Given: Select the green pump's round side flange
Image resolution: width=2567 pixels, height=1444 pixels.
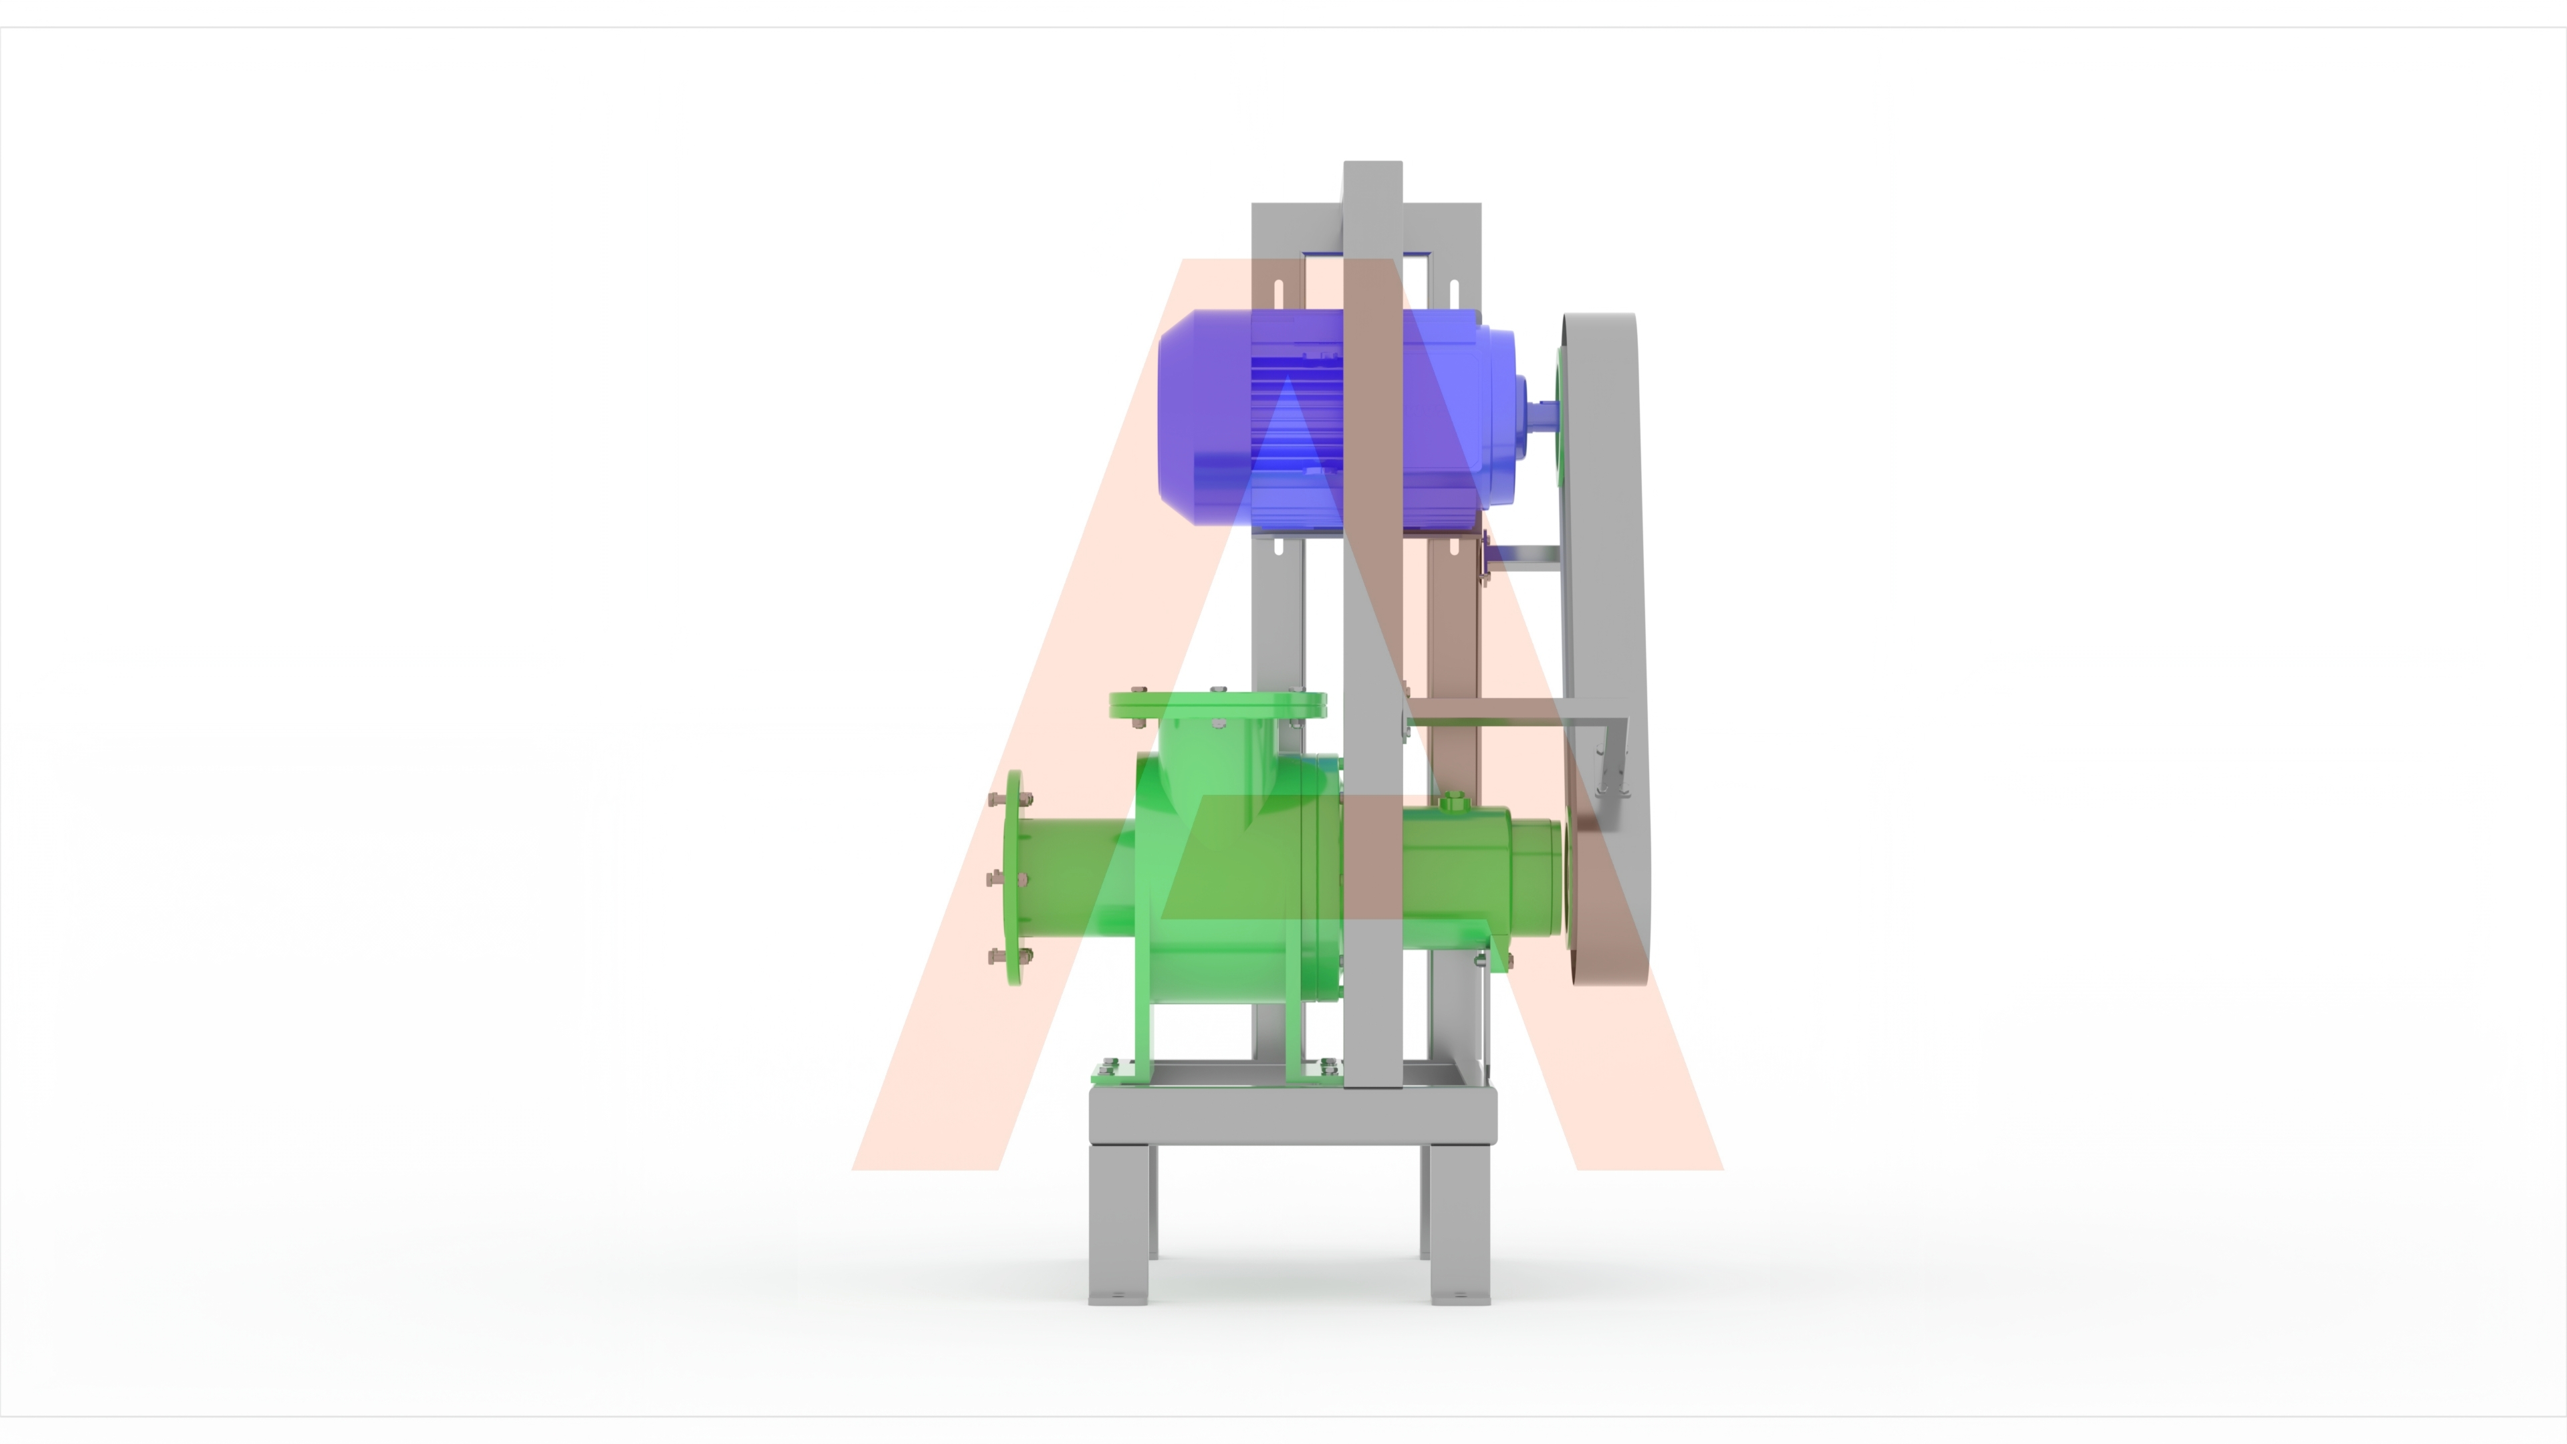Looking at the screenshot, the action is click(x=1013, y=877).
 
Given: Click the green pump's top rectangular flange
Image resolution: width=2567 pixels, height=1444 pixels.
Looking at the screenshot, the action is click(x=1218, y=705).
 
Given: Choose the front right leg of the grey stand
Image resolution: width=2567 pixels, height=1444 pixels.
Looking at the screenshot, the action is click(x=1460, y=1224).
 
